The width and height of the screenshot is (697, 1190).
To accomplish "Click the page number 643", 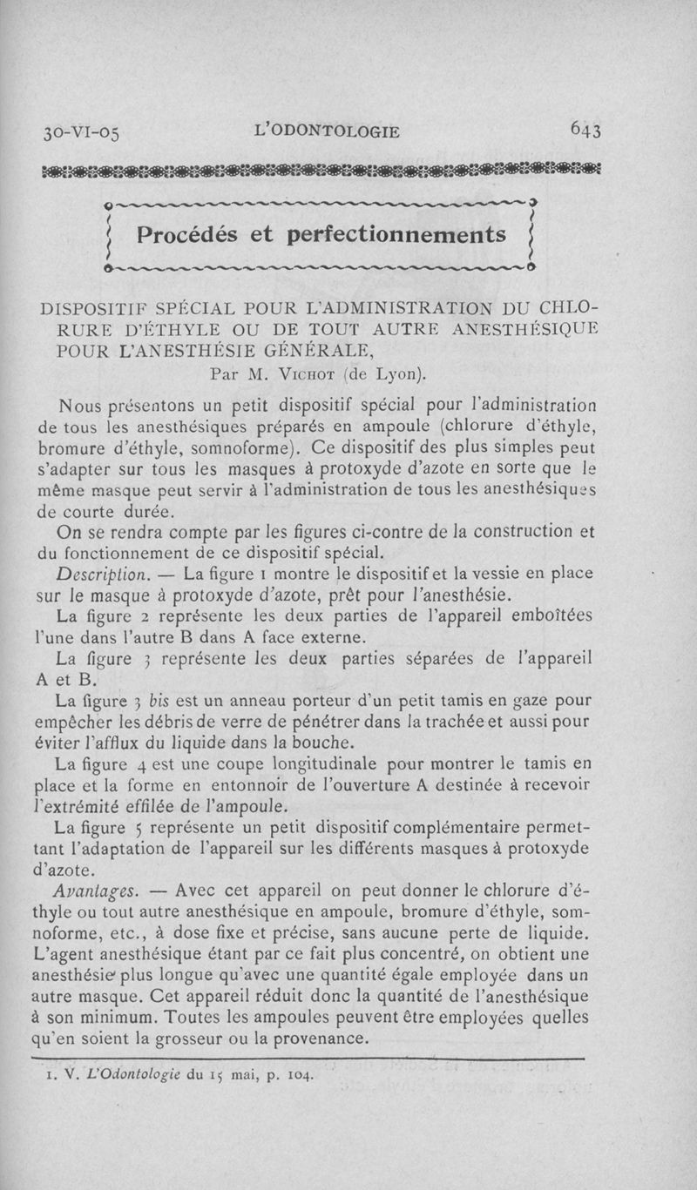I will pos(586,130).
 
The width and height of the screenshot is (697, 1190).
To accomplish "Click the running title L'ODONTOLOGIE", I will pos(326,131).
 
